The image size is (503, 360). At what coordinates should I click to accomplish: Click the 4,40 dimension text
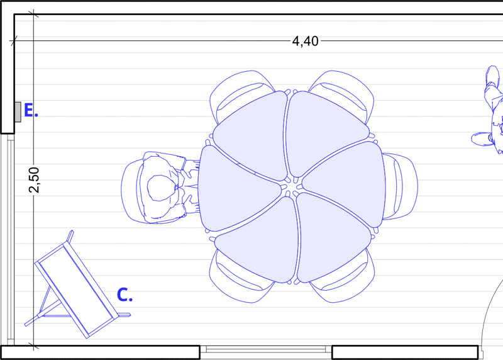(305, 42)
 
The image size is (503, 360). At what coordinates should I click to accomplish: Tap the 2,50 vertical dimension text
(34, 180)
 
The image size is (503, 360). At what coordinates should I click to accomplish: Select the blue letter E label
(31, 110)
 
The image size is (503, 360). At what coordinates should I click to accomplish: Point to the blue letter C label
(124, 295)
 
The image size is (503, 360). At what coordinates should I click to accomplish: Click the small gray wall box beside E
(18, 112)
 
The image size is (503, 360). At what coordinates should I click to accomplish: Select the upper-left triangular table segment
(251, 135)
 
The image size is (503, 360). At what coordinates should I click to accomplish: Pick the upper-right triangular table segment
(326, 132)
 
